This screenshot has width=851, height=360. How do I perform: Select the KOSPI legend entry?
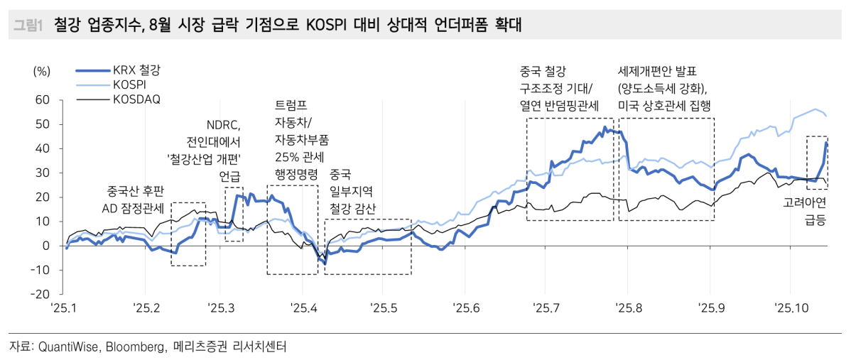click(129, 84)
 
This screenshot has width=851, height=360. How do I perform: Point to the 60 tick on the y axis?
click(42, 100)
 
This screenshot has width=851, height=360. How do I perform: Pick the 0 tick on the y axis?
click(46, 246)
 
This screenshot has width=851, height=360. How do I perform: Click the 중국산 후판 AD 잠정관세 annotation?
click(136, 200)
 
